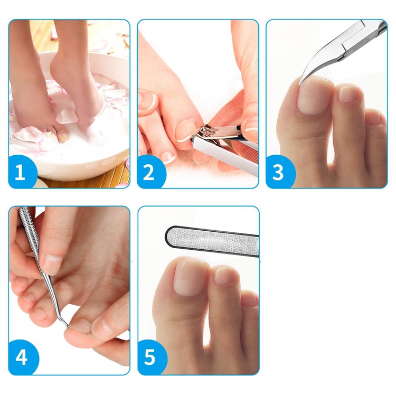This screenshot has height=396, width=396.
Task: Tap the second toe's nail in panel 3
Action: tap(347, 93)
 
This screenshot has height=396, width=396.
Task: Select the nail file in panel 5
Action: tap(212, 241)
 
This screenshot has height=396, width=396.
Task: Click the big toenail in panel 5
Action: tap(191, 278)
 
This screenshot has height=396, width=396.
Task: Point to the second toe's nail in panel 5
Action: tap(224, 275)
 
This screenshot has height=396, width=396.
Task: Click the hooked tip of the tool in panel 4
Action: tap(66, 326)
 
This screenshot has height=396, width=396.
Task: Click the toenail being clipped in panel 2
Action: tap(186, 131)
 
